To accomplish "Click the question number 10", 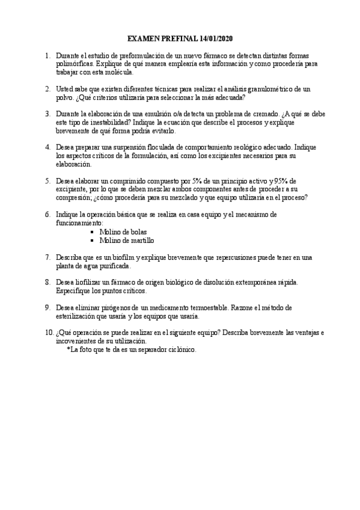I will (x=49, y=333).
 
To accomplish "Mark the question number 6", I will (x=48, y=214).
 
